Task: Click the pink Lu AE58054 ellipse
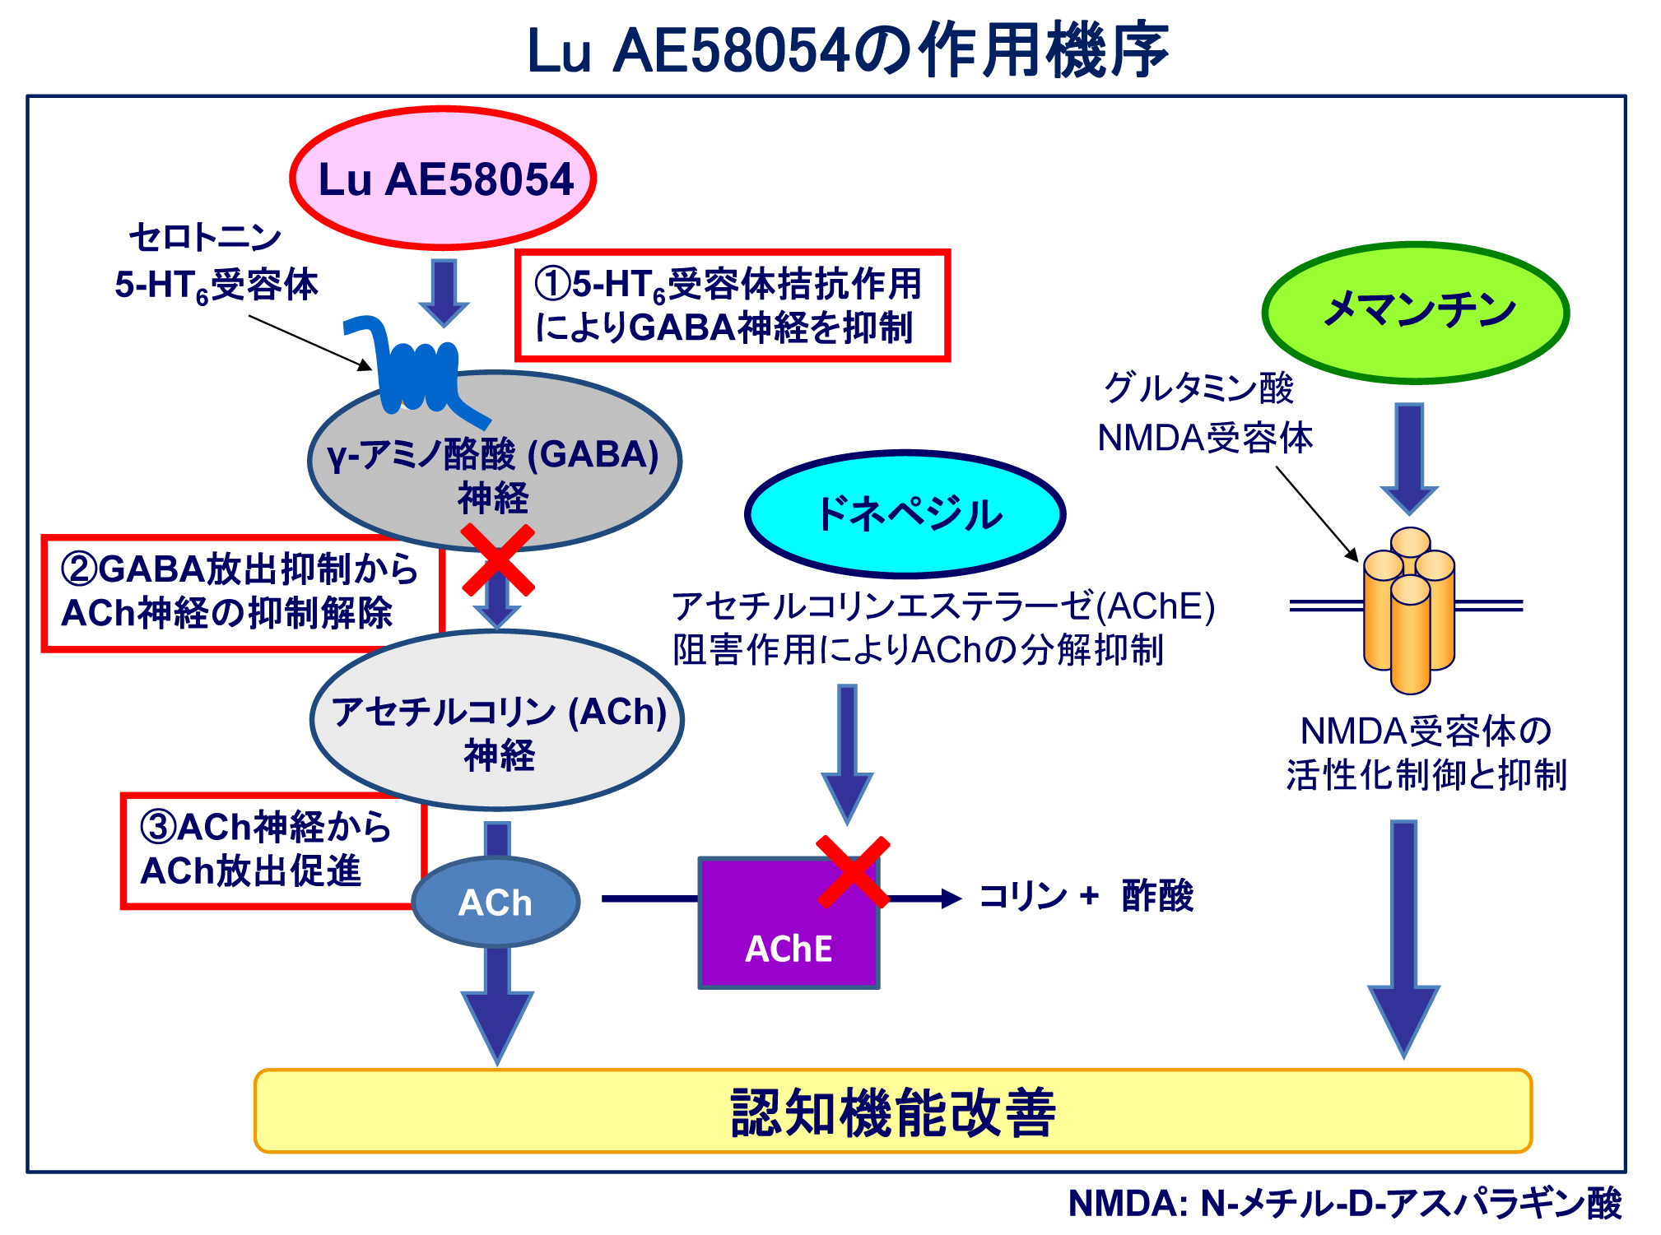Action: pos(443,179)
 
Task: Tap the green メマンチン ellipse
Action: pos(1416,312)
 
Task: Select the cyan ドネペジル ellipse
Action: pos(905,514)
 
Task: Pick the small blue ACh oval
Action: pos(496,902)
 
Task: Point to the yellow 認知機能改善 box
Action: pos(892,1112)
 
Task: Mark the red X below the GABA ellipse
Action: pos(498,560)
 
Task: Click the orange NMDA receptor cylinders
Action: pos(1409,610)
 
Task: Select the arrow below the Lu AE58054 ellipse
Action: pos(444,292)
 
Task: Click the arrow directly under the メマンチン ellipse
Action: pos(1409,457)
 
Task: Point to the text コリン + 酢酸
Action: pos(1086,896)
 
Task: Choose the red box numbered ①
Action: pos(733,305)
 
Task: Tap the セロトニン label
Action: pos(205,238)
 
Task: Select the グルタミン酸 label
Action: pos(1198,388)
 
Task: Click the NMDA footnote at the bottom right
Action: pos(1344,1203)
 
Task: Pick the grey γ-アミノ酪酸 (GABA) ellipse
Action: pos(494,461)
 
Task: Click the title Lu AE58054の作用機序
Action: pos(847,51)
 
